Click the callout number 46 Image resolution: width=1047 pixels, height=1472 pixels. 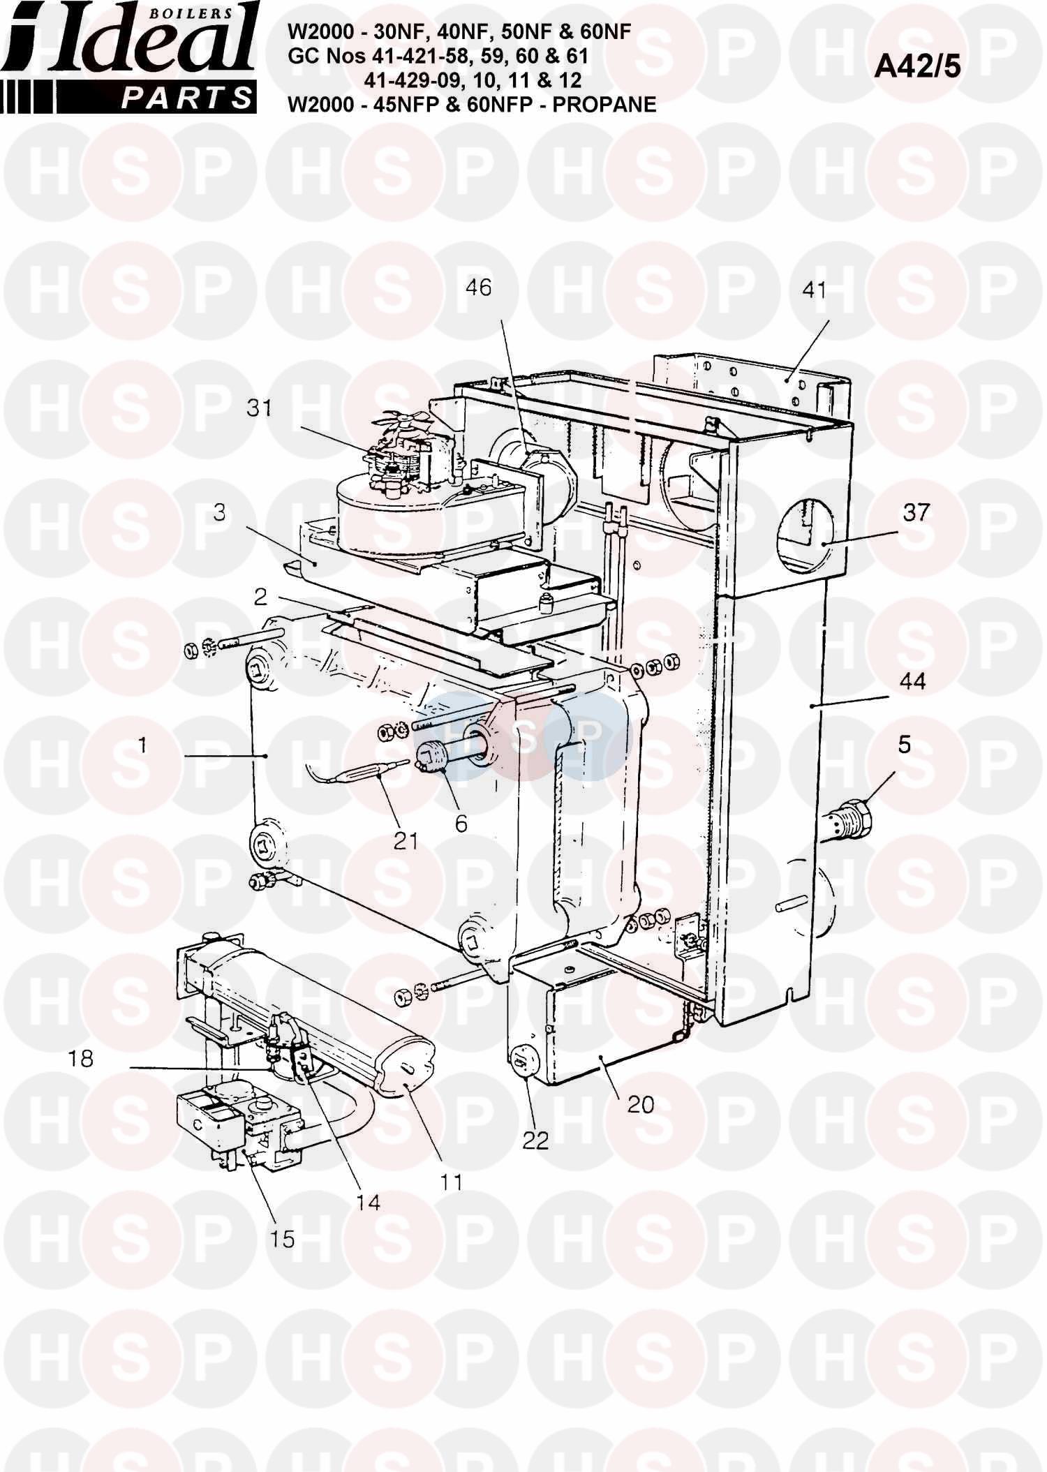pos(479,287)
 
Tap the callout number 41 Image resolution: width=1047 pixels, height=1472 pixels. pos(815,290)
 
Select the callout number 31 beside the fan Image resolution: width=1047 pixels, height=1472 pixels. pos(259,408)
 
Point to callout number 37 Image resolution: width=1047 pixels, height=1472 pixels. pos(916,512)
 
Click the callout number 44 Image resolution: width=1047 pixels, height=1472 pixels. pos(912,681)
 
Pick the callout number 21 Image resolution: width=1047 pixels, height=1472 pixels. pos(406,841)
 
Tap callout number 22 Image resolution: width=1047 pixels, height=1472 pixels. pos(536,1140)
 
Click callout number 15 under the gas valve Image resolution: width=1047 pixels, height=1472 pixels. pos(283,1239)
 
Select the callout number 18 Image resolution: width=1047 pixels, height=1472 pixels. pos(80,1059)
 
